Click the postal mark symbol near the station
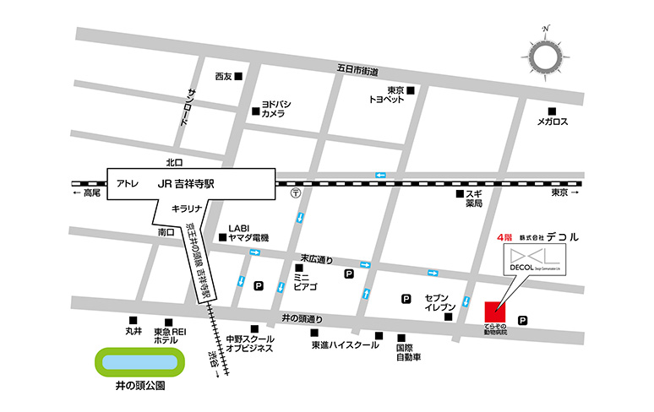point(295,192)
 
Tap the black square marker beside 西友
point(240,77)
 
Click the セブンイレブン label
point(440,303)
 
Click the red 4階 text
point(503,238)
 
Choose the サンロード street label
point(188,107)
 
